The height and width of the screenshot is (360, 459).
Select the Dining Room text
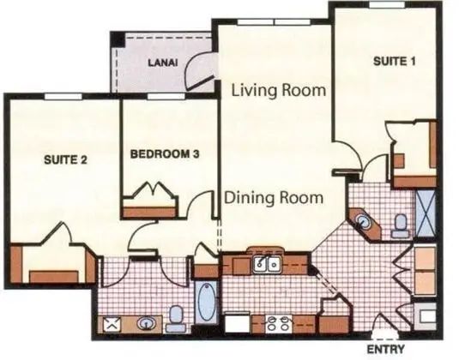(274, 197)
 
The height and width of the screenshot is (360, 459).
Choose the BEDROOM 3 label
(165, 154)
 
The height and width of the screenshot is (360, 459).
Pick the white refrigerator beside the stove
(235, 324)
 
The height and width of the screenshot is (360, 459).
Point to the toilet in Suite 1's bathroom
(399, 225)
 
